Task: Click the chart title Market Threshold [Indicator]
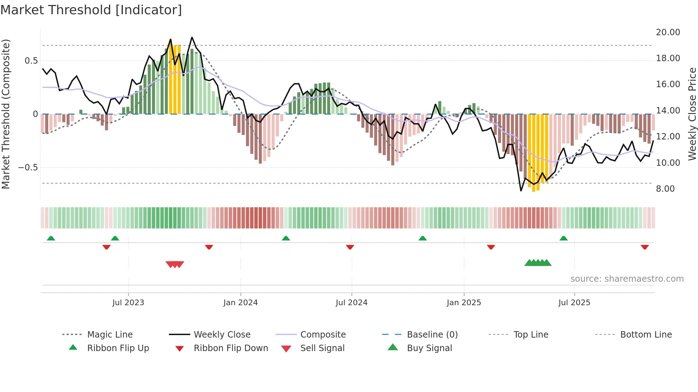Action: tap(91, 10)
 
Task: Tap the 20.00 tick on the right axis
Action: tap(668, 32)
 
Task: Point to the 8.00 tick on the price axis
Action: tap(665, 189)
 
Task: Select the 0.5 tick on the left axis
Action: tap(31, 61)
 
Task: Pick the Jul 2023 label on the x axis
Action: tap(128, 303)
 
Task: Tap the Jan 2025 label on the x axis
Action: tap(464, 303)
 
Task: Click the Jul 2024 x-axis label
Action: tap(351, 303)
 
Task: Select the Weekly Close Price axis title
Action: tap(692, 114)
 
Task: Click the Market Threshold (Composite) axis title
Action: tap(6, 114)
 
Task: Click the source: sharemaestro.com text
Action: tap(627, 279)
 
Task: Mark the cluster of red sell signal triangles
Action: tap(175, 264)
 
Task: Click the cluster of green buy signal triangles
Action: tap(538, 263)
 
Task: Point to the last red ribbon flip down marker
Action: tap(645, 247)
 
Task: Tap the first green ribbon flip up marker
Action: tap(51, 238)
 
